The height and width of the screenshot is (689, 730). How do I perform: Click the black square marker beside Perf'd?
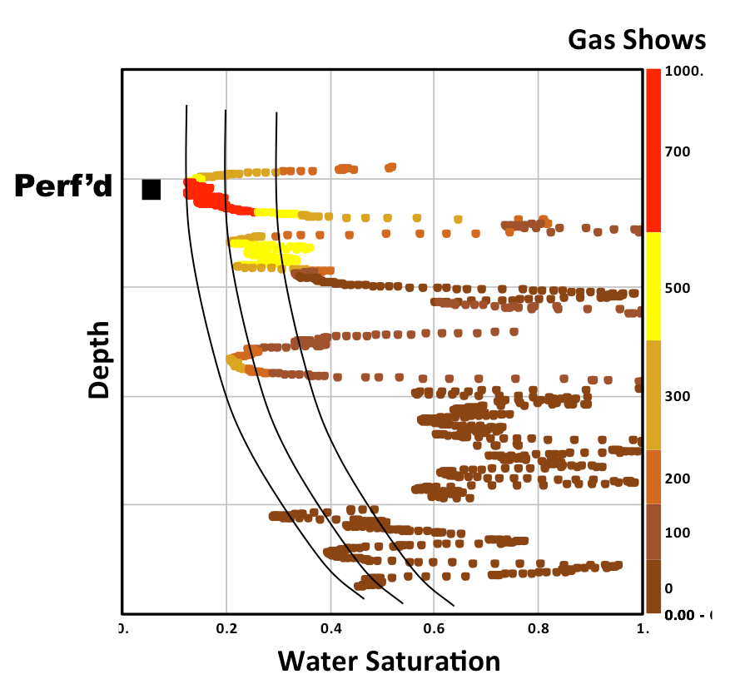pyautogui.click(x=151, y=190)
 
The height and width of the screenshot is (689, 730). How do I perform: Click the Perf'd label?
pyautogui.click(x=63, y=187)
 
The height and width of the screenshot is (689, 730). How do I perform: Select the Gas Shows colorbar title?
pyautogui.click(x=637, y=39)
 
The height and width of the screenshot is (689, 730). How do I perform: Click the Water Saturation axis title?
pyautogui.click(x=389, y=661)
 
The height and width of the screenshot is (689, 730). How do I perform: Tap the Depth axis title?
pyautogui.click(x=99, y=359)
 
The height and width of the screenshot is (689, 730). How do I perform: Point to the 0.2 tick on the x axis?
pyautogui.click(x=226, y=630)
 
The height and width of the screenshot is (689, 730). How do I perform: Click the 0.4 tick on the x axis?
pyautogui.click(x=330, y=630)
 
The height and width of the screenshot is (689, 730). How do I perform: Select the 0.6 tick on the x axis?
pyautogui.click(x=434, y=630)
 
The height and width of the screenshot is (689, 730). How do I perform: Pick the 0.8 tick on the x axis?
pyautogui.click(x=538, y=630)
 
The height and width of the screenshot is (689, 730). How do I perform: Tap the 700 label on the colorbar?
pyautogui.click(x=678, y=151)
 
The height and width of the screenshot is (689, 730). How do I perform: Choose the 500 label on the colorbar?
pyautogui.click(x=678, y=288)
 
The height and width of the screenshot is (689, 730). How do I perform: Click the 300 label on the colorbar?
pyautogui.click(x=678, y=396)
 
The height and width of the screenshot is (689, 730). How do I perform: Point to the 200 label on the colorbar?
pyautogui.click(x=678, y=479)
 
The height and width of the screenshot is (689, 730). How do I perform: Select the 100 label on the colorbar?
pyautogui.click(x=678, y=533)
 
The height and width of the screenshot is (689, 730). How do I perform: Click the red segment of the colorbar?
pyautogui.click(x=653, y=150)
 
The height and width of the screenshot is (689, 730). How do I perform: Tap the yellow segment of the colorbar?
pyautogui.click(x=653, y=285)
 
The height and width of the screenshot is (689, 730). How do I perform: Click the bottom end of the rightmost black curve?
pyautogui.click(x=454, y=605)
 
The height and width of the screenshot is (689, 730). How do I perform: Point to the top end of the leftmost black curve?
pyautogui.click(x=186, y=107)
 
